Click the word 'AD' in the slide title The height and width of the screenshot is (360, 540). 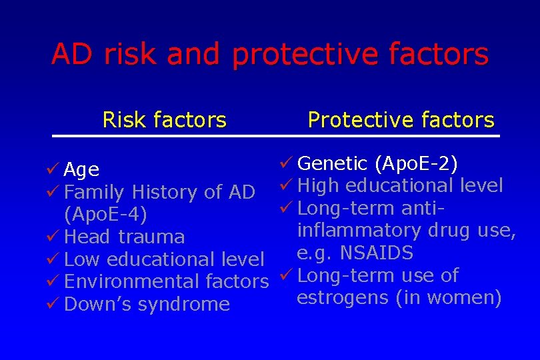(73, 54)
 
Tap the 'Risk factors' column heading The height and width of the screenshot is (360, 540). (164, 120)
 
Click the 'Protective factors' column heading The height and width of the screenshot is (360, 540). (401, 120)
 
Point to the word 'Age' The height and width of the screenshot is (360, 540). (82, 171)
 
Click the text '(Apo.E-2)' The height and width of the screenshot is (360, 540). (416, 163)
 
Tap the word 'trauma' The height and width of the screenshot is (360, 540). (151, 237)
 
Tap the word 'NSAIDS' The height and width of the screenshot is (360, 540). (377, 253)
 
